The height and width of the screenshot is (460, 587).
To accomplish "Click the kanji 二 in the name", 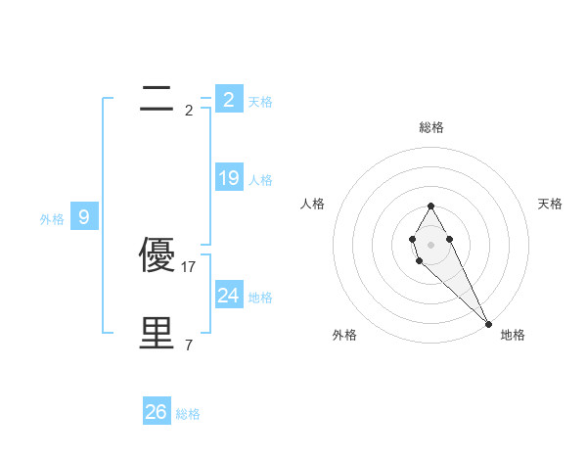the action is pos(158,99).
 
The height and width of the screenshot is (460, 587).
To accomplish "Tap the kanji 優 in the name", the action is pos(158,255).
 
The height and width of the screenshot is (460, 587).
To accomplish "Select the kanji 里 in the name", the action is pos(158,334).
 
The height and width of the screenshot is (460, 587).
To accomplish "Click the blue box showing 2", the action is pos(228,100).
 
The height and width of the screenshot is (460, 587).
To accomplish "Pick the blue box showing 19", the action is pos(228,178).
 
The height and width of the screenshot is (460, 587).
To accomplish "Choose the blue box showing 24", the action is pos(228,296).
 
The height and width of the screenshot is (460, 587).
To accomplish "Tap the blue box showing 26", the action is pos(156,412).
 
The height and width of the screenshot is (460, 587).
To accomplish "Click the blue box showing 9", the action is pos(84,217).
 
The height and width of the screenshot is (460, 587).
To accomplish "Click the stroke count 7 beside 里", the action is pos(189,345).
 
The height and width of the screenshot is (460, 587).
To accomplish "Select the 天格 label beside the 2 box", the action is pos(260,101).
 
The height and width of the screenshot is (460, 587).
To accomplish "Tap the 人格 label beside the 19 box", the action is pos(260,180).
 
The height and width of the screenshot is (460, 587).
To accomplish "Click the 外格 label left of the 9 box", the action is pos(52,219).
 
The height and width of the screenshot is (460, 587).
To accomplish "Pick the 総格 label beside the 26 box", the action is pos(188,414).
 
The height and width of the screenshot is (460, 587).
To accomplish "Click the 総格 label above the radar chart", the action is pos(431,127).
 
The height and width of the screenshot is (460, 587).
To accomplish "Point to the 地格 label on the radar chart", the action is pos(513,335).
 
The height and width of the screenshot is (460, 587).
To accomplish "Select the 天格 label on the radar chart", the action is pos(551,204).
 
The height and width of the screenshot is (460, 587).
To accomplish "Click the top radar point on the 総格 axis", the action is pos(430,206).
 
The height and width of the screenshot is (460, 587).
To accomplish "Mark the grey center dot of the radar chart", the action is pos(430,243).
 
